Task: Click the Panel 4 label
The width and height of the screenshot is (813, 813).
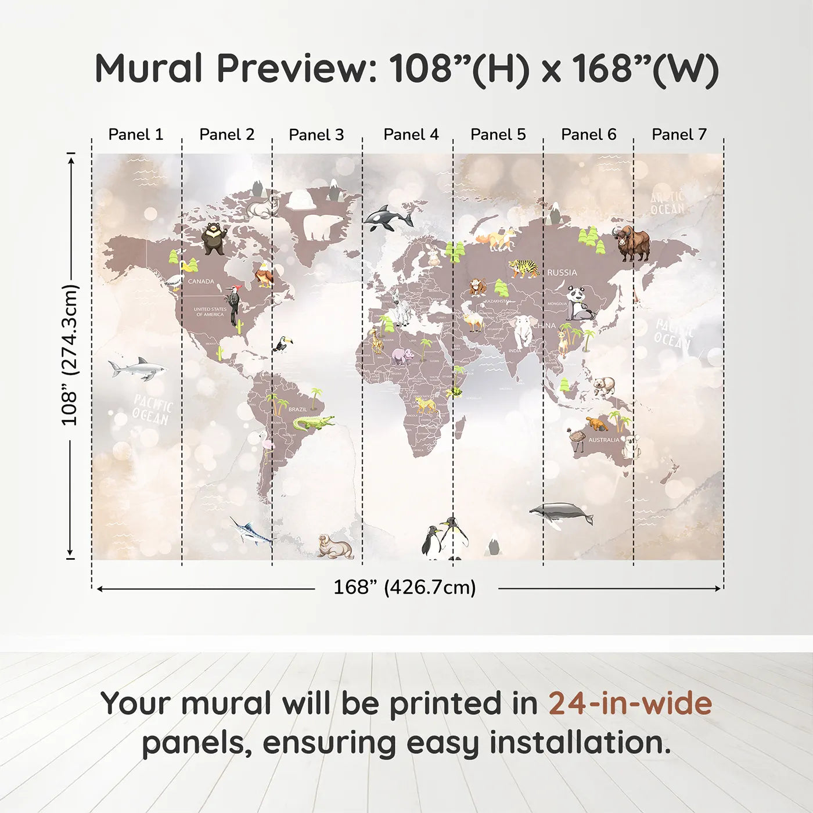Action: [411, 135]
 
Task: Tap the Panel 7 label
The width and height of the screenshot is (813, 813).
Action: [679, 135]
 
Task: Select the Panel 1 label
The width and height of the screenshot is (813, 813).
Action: [136, 135]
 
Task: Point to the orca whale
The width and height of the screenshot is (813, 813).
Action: [388, 218]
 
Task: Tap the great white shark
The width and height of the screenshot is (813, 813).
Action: [137, 368]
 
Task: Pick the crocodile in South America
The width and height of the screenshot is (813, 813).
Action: [313, 423]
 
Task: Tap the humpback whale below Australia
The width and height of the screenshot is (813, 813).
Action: [561, 514]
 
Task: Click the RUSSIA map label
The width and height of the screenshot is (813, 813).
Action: [562, 272]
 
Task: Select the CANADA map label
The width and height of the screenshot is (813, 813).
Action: [201, 281]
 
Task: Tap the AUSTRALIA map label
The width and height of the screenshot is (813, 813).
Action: [603, 440]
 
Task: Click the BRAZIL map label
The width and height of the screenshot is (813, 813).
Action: [297, 409]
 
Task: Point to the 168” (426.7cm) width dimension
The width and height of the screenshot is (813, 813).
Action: [405, 588]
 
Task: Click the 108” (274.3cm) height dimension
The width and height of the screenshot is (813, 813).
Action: [70, 355]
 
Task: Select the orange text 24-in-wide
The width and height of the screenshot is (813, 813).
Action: [630, 704]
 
